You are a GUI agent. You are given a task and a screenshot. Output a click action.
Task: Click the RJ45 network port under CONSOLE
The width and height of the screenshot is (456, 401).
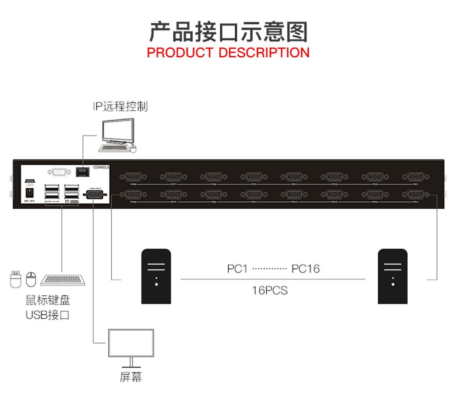82,172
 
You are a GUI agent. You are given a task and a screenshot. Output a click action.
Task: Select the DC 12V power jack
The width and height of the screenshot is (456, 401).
29,191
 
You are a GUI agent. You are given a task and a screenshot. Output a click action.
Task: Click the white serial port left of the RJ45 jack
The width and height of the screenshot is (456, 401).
60,172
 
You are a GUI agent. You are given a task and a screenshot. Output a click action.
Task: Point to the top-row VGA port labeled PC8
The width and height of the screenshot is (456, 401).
133,177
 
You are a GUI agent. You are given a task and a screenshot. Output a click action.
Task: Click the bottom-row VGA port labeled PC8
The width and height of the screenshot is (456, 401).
133,195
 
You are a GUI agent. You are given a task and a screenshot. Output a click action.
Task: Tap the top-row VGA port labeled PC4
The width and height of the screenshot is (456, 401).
294,177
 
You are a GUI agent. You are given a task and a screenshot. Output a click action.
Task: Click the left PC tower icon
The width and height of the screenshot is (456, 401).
156,276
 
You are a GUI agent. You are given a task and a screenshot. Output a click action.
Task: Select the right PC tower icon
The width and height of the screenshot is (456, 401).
392,276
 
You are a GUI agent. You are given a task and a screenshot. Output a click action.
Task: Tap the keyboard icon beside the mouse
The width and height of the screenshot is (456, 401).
63,279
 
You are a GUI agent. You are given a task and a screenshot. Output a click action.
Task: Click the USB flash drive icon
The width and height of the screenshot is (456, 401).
15,278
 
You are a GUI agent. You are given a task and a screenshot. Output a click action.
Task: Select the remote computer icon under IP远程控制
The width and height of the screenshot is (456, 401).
118,134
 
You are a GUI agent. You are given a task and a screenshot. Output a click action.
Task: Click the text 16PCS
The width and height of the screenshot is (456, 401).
270,290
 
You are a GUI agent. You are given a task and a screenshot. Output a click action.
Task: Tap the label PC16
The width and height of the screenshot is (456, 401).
305,269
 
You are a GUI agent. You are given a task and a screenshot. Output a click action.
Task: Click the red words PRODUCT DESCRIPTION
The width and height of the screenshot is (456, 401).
228,52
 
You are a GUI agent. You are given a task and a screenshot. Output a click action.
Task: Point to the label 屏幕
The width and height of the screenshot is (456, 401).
131,377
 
